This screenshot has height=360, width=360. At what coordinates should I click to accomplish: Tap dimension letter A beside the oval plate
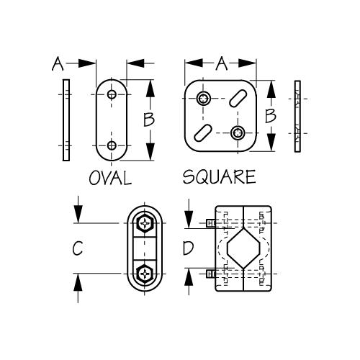click(x=58, y=65)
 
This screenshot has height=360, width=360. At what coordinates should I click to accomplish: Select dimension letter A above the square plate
click(x=222, y=64)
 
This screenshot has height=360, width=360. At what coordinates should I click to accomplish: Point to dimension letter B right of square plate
click(x=270, y=115)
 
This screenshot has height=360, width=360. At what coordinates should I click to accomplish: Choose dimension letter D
click(x=187, y=249)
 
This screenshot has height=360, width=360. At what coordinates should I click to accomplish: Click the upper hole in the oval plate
click(x=112, y=94)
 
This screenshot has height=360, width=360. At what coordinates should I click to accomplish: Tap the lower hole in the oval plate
click(x=112, y=146)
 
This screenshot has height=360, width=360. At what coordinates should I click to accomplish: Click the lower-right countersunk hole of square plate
click(x=238, y=132)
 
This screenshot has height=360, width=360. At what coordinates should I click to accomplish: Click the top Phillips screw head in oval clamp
click(x=146, y=223)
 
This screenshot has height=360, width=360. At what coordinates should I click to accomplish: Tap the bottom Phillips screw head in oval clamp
click(x=146, y=274)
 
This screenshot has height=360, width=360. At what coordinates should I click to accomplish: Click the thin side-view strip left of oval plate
click(x=66, y=121)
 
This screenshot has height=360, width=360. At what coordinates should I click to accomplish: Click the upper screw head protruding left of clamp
click(x=210, y=223)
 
